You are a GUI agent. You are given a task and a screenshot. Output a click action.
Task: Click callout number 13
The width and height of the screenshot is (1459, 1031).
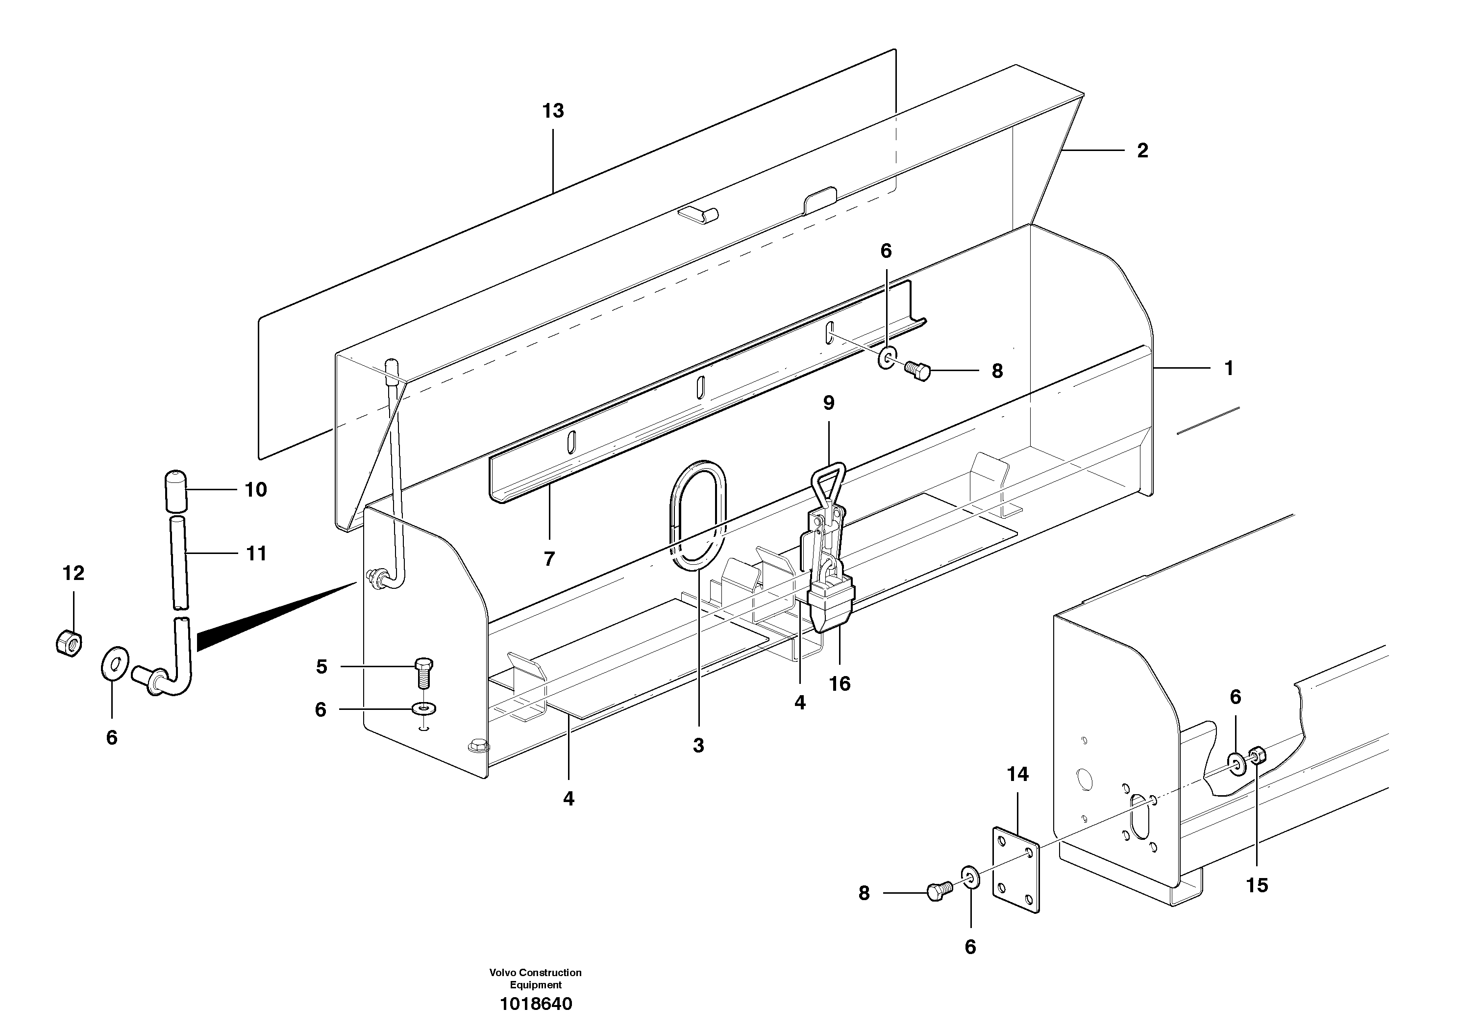point(553,111)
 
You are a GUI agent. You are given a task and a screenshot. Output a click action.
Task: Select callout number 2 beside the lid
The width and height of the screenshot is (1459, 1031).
point(1142,151)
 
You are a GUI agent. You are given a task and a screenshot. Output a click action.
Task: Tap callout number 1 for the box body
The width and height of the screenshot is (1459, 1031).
point(1228,369)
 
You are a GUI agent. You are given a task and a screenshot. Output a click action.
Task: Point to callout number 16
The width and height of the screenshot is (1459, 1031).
point(840,684)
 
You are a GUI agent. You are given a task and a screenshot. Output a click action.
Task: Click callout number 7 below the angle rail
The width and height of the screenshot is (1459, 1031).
point(549,559)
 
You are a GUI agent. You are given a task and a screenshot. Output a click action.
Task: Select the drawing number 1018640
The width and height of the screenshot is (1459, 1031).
point(536,1004)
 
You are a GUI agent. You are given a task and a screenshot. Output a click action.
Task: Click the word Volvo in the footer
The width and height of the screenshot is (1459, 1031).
point(502,973)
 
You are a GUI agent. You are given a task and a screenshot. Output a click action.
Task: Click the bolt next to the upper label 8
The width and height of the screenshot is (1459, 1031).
point(917,371)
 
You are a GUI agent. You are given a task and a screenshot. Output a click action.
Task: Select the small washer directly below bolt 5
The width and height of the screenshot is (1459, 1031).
point(424,707)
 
